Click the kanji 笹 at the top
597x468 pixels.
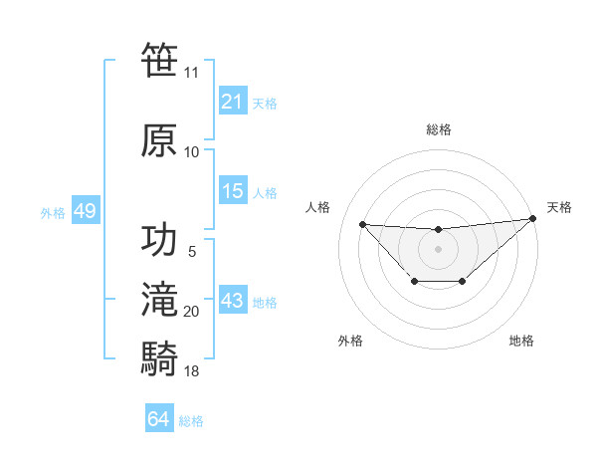pos(160,60)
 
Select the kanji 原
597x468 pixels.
pos(160,139)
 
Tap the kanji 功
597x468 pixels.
pos(160,240)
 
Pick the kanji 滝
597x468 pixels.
pos(160,300)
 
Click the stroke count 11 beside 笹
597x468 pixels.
pos(191,73)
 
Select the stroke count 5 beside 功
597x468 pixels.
pos(191,252)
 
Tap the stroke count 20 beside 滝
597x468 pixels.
pos(191,312)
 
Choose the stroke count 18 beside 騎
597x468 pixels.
pos(191,371)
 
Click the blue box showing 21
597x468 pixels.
pos(232,102)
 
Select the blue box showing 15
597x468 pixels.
pos(232,191)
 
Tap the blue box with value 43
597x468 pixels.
pos(232,301)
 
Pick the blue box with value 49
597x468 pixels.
pos(85,211)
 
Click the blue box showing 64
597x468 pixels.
pos(159,419)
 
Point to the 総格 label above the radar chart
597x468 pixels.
pos(438,129)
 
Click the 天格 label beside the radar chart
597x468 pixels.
pos(559,207)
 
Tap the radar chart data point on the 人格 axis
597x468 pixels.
pos(362,224)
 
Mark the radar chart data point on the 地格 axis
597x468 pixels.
pos(463,282)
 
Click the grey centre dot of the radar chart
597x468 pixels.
pos(438,248)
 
